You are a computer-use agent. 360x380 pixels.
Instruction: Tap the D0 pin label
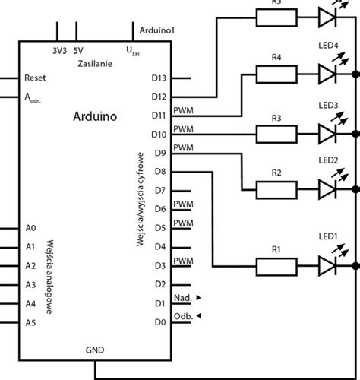tap(159, 321)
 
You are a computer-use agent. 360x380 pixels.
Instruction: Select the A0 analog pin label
tap(30, 228)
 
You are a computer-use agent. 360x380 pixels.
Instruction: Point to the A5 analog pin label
tap(30, 322)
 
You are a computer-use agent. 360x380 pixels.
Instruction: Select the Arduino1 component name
tap(158, 30)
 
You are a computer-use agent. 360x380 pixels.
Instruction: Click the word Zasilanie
tap(95, 65)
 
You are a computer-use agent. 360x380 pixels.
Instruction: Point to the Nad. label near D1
tap(182, 297)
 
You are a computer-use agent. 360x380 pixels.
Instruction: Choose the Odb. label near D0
tap(182, 315)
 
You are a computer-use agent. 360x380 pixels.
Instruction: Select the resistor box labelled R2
tap(276, 191)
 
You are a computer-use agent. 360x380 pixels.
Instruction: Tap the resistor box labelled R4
tap(276, 74)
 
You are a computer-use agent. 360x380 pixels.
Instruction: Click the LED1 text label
tap(328, 237)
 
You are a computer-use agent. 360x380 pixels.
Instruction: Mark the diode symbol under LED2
tap(327, 191)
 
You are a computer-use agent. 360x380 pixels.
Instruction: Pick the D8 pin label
tap(159, 172)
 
